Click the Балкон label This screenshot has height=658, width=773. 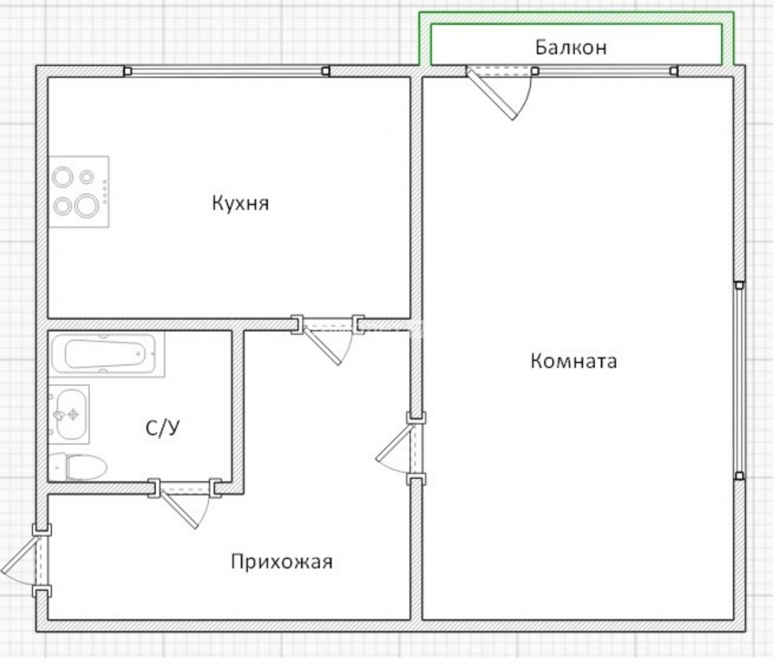(570, 48)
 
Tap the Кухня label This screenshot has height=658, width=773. (240, 203)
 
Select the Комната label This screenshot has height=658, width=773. (573, 361)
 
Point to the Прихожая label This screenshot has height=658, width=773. (282, 561)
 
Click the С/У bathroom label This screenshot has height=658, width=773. (162, 428)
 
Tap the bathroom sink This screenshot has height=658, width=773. (69, 415)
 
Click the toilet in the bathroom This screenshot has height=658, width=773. (78, 467)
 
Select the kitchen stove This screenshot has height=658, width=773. (78, 191)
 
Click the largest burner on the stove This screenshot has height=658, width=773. (87, 205)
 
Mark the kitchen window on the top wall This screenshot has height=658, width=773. (227, 72)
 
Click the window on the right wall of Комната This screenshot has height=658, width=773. (739, 380)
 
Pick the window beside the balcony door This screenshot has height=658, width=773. (605, 72)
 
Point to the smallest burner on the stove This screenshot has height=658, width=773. (87, 176)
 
